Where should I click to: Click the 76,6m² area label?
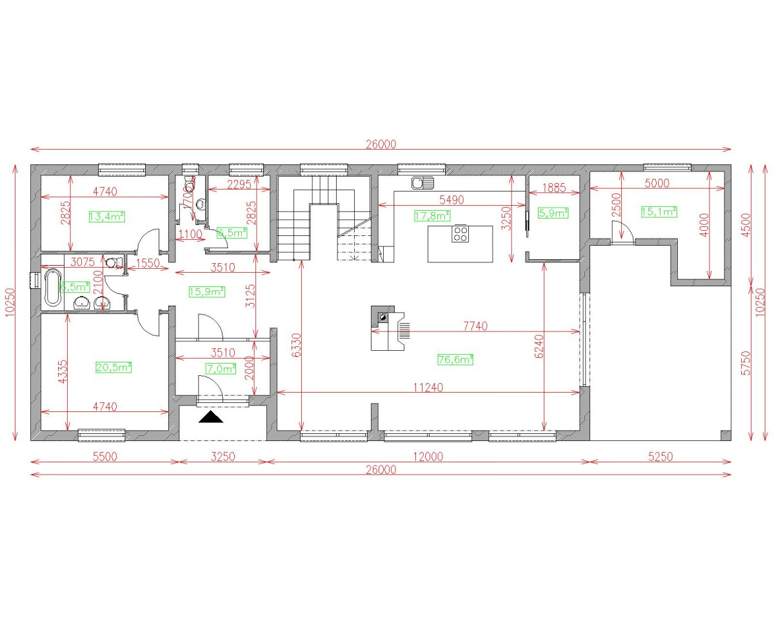pos(455,360)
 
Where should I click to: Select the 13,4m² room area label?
pos(106,217)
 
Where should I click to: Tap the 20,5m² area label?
pos(114,367)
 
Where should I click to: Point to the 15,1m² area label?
pos(659,211)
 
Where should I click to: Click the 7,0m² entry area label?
pos(221,369)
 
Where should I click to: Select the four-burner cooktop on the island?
pos(461,233)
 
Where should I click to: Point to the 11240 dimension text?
pos(428,388)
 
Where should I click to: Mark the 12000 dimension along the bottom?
pos(428,457)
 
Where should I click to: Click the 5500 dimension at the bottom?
pos(104,457)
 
